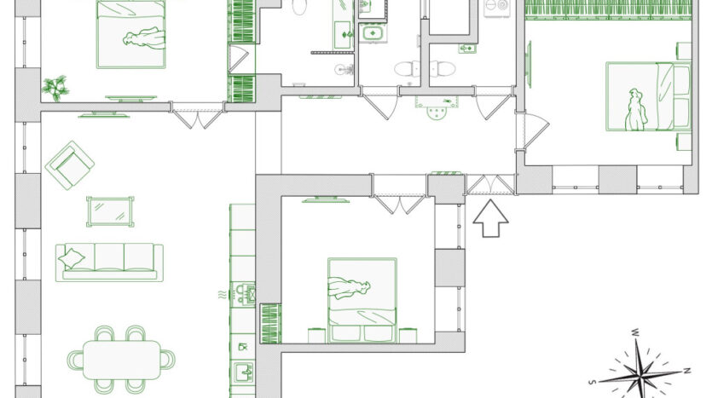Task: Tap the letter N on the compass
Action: (687, 371)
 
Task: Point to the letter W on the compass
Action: (636, 332)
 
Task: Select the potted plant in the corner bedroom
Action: (55, 88)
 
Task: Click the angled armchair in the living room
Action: (70, 165)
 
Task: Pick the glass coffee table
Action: (110, 211)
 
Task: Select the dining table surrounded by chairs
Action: (122, 360)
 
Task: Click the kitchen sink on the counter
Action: (243, 372)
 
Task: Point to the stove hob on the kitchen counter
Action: (243, 294)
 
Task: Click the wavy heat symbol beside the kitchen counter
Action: (222, 295)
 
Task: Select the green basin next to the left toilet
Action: (373, 33)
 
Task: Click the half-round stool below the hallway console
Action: (437, 113)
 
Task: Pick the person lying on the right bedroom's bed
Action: (636, 110)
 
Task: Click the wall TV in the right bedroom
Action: (529, 65)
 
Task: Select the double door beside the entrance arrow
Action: (490, 185)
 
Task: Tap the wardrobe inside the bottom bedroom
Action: (270, 324)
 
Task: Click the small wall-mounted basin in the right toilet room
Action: (466, 49)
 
